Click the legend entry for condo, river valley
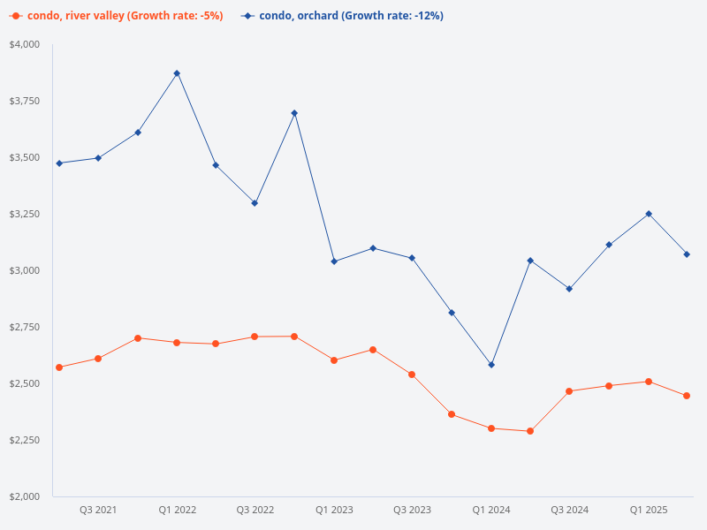tap(116, 16)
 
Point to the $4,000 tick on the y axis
tap(26, 44)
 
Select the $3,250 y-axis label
tap(26, 214)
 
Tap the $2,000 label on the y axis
tap(26, 496)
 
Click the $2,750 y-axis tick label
tap(26, 327)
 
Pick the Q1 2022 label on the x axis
tap(178, 510)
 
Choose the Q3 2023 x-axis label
tap(412, 510)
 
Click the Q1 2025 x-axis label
tap(649, 510)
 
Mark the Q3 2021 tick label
tap(98, 510)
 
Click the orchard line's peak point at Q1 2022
tap(177, 73)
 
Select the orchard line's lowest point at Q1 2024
tap(491, 365)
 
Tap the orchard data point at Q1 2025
tap(649, 214)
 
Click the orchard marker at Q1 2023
tap(334, 261)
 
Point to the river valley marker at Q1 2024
tap(491, 428)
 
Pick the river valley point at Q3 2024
tap(569, 391)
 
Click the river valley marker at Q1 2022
tap(177, 343)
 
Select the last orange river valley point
tap(687, 396)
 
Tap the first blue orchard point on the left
tap(59, 163)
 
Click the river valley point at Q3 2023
tap(412, 375)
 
